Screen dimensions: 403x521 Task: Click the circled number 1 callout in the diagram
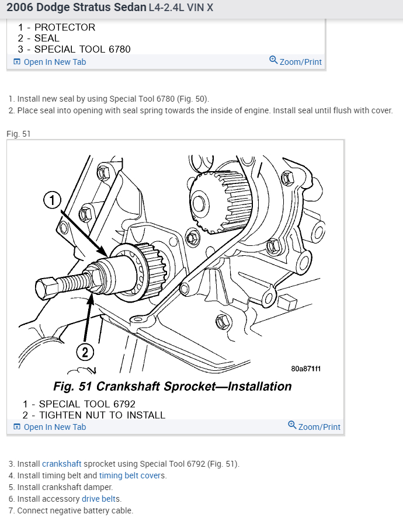tap(53, 201)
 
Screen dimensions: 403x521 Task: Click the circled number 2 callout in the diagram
tap(85, 352)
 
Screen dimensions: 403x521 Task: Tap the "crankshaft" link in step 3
tap(61, 464)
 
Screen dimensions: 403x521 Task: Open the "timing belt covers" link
tap(133, 475)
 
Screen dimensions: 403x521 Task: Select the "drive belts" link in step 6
tap(101, 499)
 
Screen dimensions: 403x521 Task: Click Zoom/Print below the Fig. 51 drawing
tap(314, 426)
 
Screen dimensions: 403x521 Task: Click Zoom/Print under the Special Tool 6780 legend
tap(296, 61)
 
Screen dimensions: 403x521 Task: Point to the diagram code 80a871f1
tap(305, 369)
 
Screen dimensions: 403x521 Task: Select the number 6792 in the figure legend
tap(122, 404)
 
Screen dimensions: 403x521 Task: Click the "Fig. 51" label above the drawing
tap(19, 134)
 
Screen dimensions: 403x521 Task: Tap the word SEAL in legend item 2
tap(47, 39)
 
